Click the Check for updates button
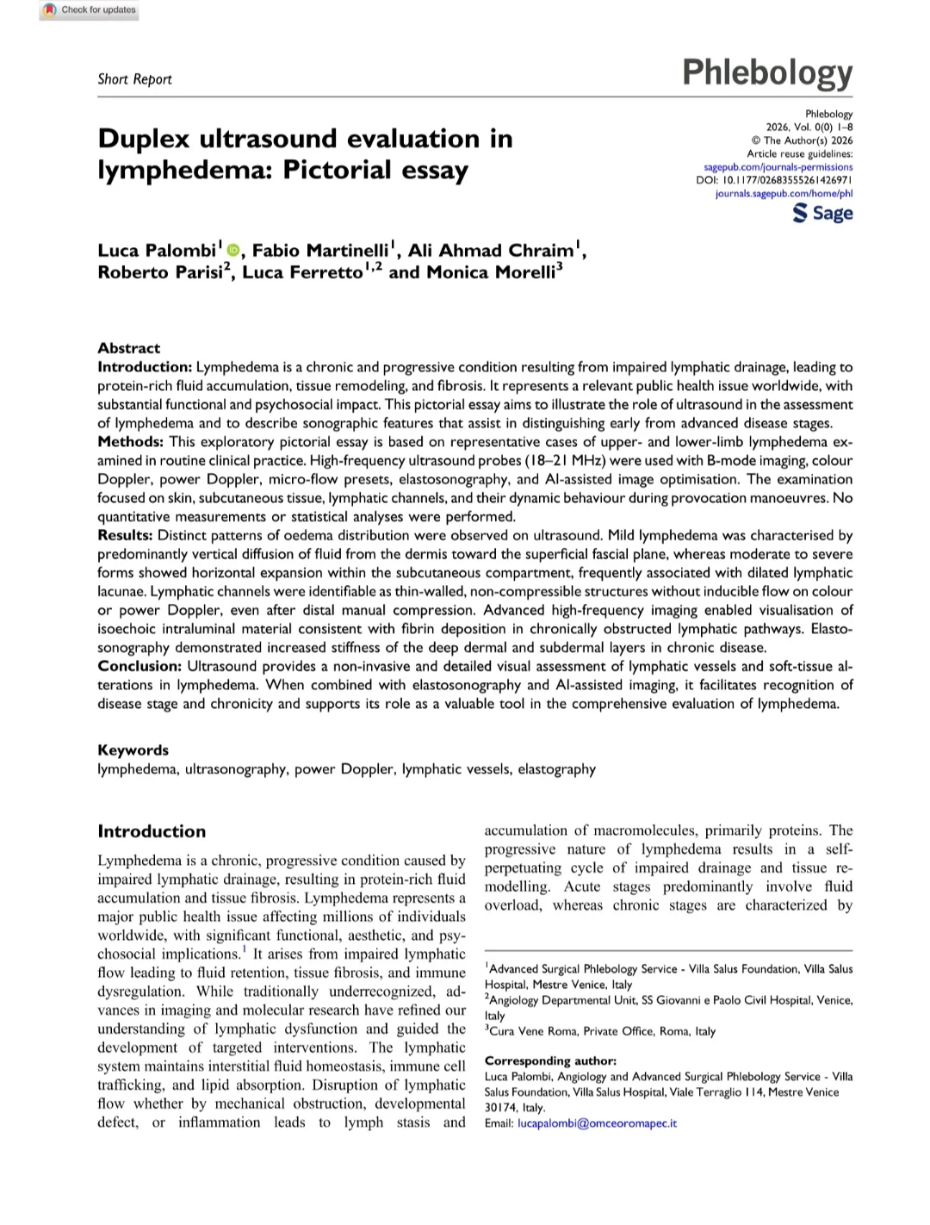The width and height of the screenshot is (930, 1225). point(89,10)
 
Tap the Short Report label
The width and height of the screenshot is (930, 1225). point(134,79)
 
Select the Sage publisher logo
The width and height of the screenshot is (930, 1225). point(822,213)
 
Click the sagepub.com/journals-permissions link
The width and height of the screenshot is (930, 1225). point(778,167)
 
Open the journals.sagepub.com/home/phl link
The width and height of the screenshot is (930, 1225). point(784,194)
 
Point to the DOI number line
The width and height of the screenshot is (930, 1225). point(774,181)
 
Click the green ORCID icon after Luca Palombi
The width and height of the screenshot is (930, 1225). point(233,251)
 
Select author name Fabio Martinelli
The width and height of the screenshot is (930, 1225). point(320,251)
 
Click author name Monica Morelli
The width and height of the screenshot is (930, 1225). point(492,272)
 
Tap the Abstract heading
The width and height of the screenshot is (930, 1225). point(128,348)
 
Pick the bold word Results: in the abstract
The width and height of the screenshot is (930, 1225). point(125,536)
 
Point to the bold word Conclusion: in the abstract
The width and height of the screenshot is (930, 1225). point(139,666)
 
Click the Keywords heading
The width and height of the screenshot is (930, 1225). point(133,750)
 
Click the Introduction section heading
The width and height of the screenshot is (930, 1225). point(152,831)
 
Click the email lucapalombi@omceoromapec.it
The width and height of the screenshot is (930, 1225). point(597,1123)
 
